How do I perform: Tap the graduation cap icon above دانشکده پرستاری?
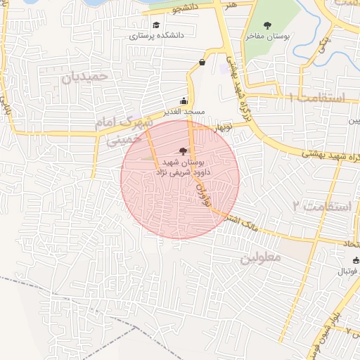click(155, 25)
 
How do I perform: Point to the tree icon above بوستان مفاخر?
click(266, 25)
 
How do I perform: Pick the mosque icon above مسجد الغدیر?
click(184, 101)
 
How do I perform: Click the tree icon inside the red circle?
click(184, 150)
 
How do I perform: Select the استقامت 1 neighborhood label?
click(316, 98)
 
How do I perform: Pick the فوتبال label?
click(345, 271)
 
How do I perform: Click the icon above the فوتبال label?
click(356, 262)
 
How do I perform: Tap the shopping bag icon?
click(202, 62)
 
